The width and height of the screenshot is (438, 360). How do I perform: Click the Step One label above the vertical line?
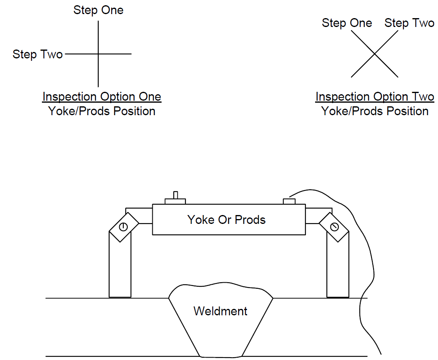coord(98,10)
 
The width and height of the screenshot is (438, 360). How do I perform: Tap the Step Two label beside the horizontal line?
coord(37,54)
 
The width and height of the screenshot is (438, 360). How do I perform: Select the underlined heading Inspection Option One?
coord(102,97)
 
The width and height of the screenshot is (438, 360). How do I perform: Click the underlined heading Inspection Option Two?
coord(375,97)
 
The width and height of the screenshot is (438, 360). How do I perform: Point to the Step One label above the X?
coord(347,23)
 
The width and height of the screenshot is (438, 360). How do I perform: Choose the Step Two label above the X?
coord(409,23)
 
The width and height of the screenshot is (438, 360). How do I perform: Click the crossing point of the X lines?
coord(374,54)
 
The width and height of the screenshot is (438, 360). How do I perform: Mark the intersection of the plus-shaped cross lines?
coord(98,54)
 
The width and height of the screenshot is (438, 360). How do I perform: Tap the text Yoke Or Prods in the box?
coord(226,219)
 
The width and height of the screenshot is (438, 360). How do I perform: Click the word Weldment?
coord(220,311)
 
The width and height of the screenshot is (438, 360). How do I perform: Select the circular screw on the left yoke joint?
coord(123,227)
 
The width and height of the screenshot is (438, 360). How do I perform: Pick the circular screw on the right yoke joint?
coord(334,227)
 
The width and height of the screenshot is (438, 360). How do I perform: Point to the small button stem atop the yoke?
coord(175,195)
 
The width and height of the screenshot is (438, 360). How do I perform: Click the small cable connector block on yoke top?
coord(289,201)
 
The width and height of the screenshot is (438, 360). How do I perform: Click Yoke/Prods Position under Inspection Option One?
coord(102,111)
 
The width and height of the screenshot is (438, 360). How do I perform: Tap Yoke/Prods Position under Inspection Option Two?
coord(375,111)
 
